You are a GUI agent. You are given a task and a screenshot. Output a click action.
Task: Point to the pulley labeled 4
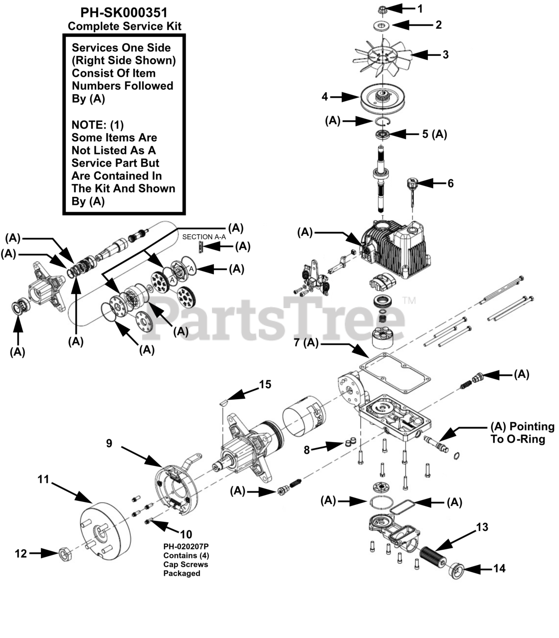point(382,99)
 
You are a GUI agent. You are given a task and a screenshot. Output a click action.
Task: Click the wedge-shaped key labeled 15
point(225,399)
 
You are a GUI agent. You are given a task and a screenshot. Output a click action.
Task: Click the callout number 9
point(109,443)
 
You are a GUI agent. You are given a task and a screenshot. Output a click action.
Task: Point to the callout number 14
point(499,568)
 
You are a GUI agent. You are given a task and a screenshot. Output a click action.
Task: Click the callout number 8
point(307,450)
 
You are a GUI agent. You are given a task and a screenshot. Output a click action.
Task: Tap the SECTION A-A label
point(204,237)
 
